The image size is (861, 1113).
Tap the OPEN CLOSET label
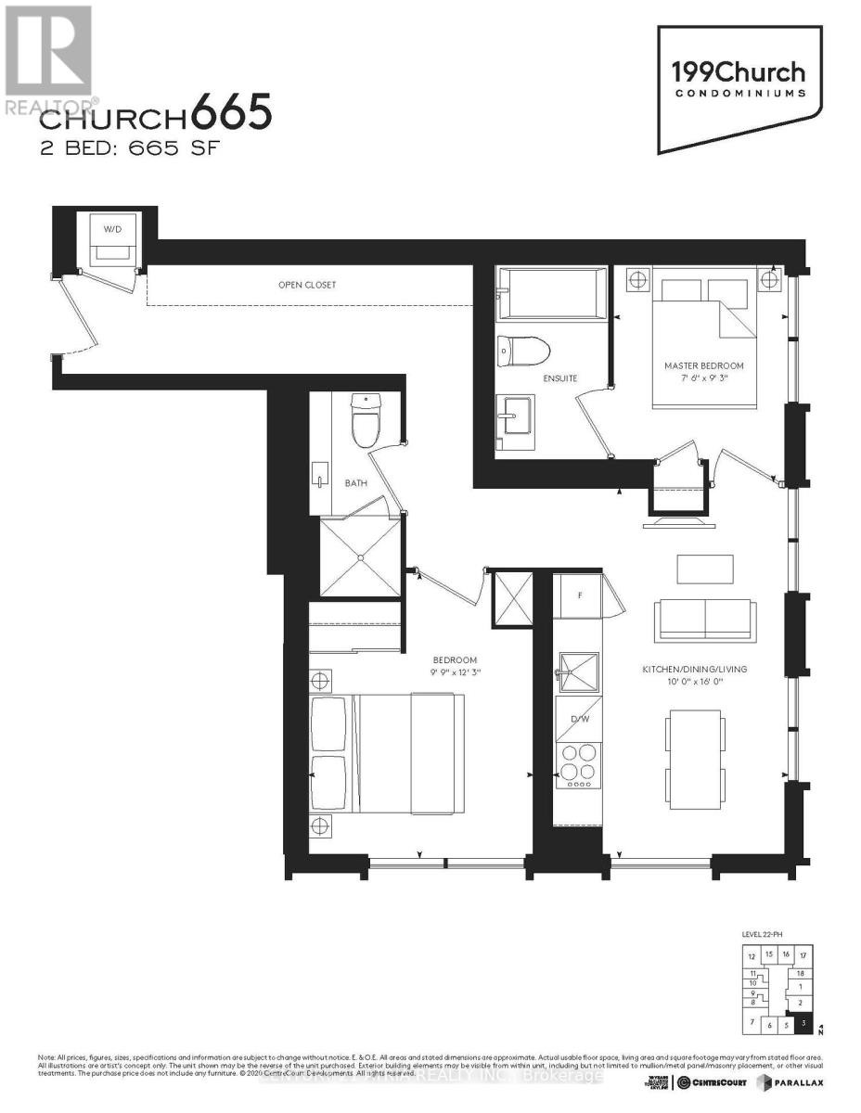307,285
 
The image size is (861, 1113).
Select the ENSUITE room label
561,378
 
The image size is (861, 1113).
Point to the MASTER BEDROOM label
703,365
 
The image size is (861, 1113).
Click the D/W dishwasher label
579,719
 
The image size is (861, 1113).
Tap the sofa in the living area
704,620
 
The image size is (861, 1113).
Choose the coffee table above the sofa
705,569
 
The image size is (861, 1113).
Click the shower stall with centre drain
360,556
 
